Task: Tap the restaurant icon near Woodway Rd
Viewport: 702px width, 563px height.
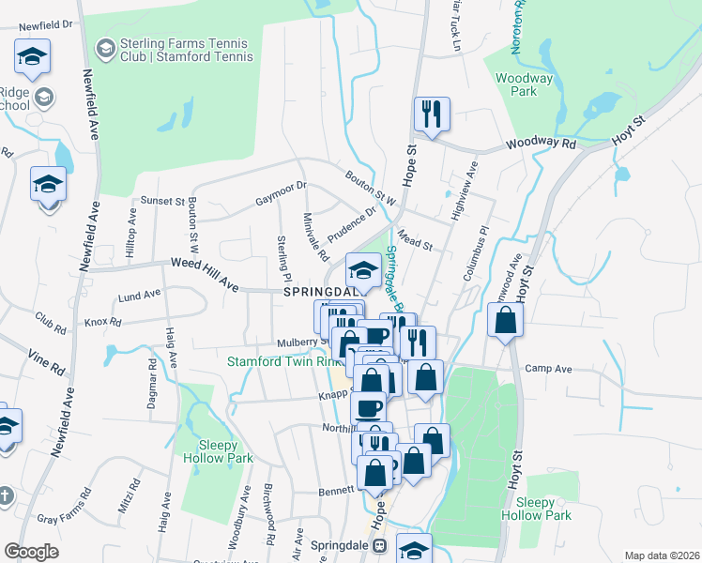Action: pyautogui.click(x=432, y=115)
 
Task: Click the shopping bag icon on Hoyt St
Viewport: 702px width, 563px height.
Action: pyautogui.click(x=506, y=322)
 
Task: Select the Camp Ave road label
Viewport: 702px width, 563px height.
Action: pyautogui.click(x=549, y=369)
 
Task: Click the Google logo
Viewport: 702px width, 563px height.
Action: pyautogui.click(x=31, y=552)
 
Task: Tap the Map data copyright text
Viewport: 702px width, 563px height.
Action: pyautogui.click(x=662, y=555)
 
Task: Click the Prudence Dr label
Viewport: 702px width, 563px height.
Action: pyautogui.click(x=351, y=223)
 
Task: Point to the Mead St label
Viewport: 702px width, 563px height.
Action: pyautogui.click(x=413, y=242)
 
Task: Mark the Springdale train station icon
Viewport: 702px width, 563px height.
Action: pyautogui.click(x=380, y=545)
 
